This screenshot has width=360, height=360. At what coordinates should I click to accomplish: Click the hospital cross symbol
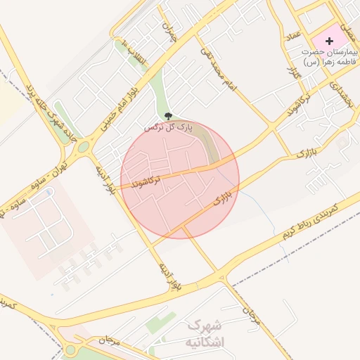(x=329, y=41)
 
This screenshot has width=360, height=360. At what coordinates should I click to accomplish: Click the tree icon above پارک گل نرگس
(x=167, y=116)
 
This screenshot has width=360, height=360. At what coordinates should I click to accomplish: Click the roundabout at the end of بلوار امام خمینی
(x=84, y=148)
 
